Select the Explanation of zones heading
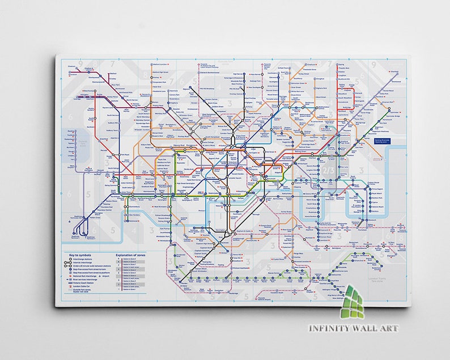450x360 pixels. (131, 256)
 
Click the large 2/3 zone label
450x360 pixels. (328, 170)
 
